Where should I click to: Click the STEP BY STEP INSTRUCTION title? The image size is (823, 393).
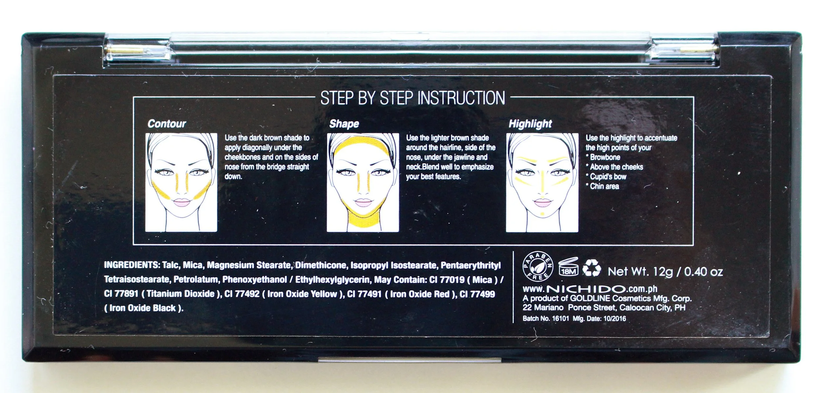pos(412,98)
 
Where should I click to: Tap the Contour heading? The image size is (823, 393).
pos(167,124)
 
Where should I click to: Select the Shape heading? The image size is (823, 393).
pos(344,124)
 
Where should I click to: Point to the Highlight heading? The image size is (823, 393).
pos(530,124)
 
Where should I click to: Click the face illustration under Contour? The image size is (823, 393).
pos(181,182)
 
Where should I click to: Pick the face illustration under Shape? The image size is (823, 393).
pos(363,182)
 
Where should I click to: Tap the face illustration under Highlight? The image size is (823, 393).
pos(542,182)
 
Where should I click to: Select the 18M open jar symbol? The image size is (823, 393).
pos(568,267)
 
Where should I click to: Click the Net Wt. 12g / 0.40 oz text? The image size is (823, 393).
pos(665,271)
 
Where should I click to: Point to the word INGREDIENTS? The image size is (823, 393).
pos(132,265)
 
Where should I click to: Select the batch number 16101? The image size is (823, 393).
pos(560,319)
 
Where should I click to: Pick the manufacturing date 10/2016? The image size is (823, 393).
pos(615,319)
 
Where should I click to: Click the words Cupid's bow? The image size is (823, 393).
pos(608,177)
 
